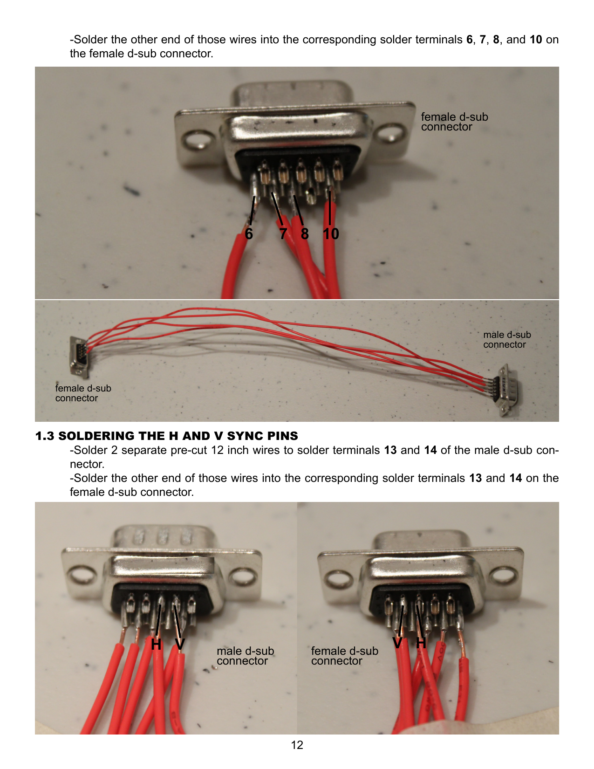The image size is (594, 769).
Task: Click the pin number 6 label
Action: (249, 234)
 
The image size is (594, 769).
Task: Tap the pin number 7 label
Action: (283, 234)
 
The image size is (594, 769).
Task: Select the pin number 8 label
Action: (305, 234)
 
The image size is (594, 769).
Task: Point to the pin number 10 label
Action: (331, 234)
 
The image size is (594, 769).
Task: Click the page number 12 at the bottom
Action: (297, 745)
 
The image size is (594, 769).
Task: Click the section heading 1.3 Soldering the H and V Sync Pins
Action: (167, 436)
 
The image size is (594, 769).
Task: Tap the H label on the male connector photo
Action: (156, 644)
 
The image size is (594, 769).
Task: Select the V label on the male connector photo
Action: (180, 644)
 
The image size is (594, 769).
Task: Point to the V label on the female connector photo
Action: (397, 643)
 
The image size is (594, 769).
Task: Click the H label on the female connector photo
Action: (421, 643)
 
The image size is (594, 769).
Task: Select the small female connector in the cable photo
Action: (79, 356)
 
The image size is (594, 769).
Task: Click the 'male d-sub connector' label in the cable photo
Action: (507, 339)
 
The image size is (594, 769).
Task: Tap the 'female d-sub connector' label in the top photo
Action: (454, 121)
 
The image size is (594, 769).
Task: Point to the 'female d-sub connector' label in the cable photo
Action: (83, 393)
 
